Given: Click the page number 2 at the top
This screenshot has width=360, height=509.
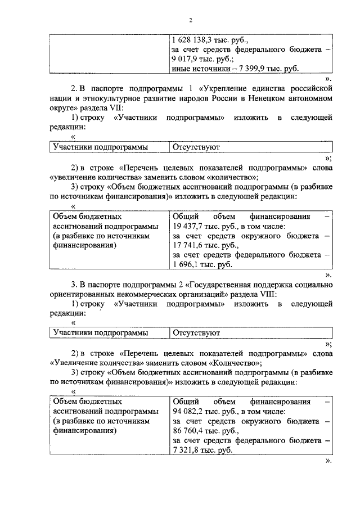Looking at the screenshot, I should point(190,20).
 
